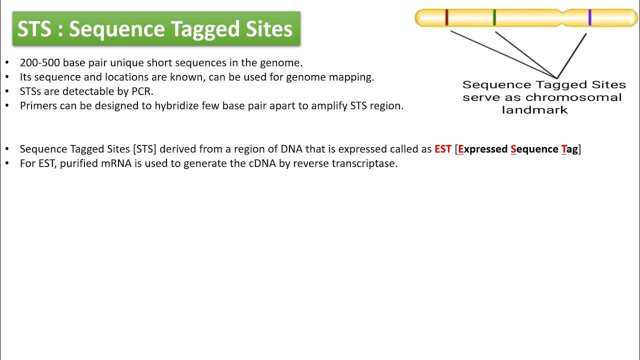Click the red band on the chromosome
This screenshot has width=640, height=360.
[x=447, y=17]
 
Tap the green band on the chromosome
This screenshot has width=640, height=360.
[x=494, y=17]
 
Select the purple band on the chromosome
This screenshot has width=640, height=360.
[x=590, y=17]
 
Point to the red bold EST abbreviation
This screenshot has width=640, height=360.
[x=443, y=149]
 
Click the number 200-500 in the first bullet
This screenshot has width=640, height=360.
[x=40, y=63]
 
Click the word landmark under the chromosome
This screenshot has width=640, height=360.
[x=534, y=110]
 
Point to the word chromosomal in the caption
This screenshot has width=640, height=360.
[x=573, y=97]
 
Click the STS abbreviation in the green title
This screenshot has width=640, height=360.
[x=34, y=29]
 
